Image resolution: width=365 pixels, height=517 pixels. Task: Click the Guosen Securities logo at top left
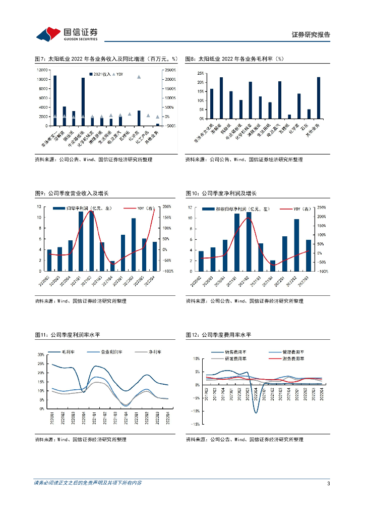click(x=66, y=34)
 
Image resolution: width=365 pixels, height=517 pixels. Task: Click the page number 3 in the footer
click(x=328, y=484)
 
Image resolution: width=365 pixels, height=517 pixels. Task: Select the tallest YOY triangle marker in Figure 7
click(x=139, y=77)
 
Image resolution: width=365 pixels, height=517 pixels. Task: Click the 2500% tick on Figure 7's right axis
click(x=170, y=70)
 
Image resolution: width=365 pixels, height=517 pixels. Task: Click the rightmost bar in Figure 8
click(x=318, y=98)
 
